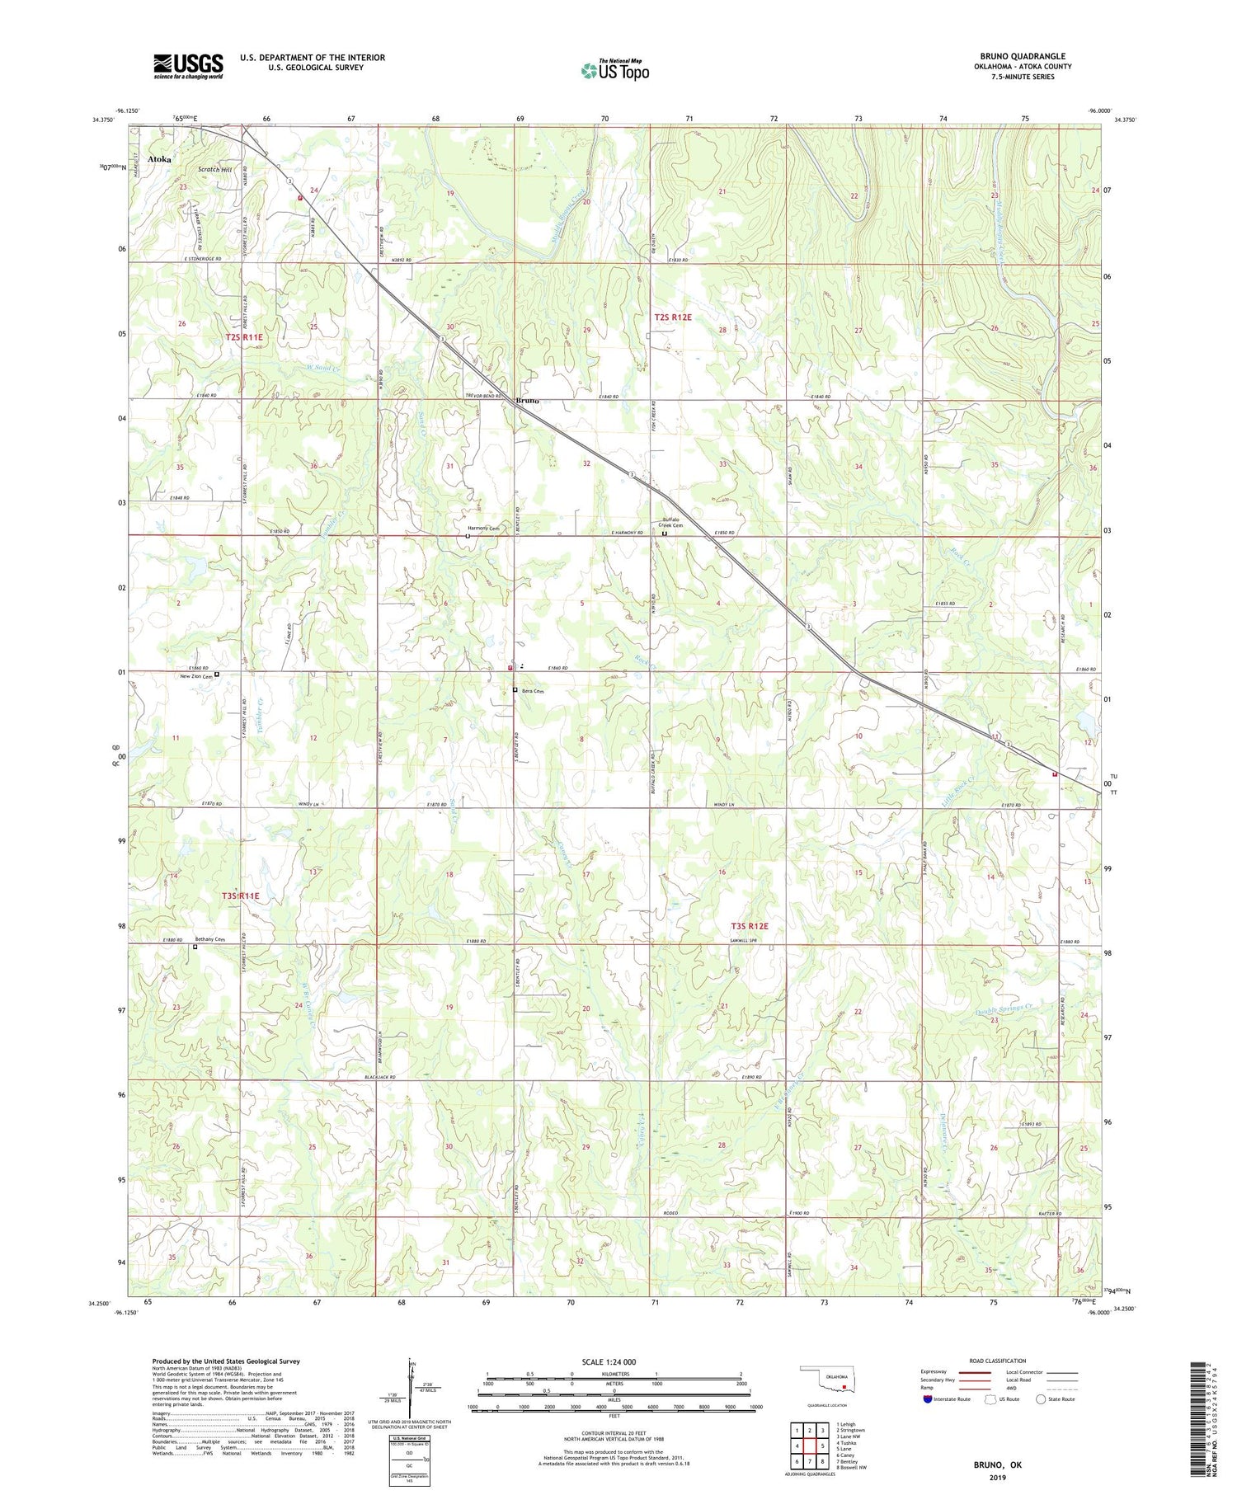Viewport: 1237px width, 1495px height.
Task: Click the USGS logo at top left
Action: tap(188, 66)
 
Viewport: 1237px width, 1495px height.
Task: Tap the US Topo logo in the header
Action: tap(614, 71)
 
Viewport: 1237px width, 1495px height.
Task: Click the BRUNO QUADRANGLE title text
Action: tap(1022, 56)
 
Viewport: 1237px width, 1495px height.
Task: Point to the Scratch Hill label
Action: tap(214, 170)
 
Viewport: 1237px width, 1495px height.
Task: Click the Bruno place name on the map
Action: tap(527, 401)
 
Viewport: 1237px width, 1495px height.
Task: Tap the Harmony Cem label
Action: tap(483, 529)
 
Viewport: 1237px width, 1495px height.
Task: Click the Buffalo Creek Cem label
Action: tap(672, 524)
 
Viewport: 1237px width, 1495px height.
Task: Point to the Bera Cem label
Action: tap(534, 691)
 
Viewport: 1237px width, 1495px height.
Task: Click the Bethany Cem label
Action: tap(209, 939)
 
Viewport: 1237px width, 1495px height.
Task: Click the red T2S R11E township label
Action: tap(244, 337)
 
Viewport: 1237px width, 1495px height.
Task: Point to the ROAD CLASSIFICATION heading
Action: tap(998, 1361)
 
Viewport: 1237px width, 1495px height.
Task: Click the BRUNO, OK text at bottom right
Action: tap(997, 1464)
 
